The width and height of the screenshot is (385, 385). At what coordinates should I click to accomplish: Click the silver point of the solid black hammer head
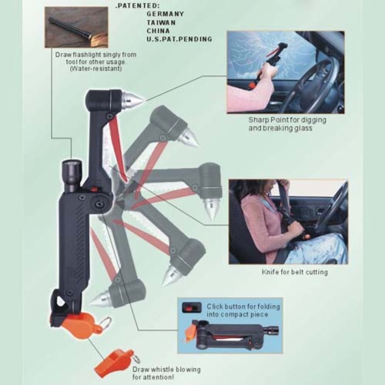point(136,99)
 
